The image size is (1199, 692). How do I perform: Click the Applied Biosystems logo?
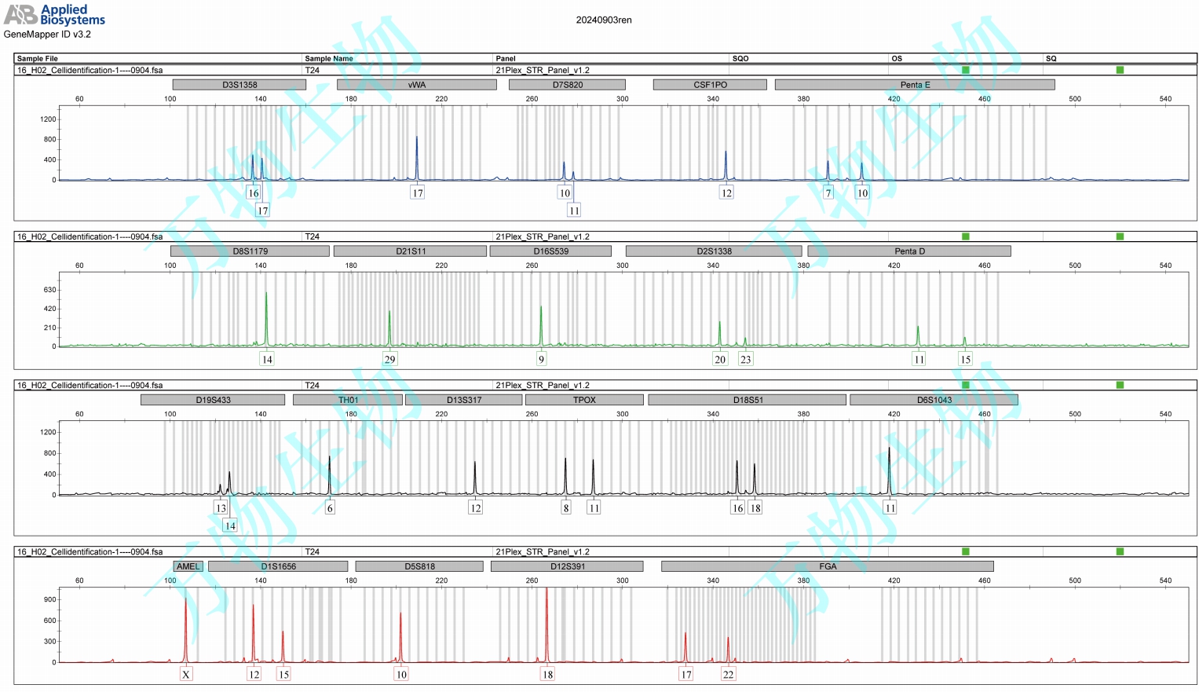pyautogui.click(x=54, y=14)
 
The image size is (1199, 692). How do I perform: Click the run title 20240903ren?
pyautogui.click(x=603, y=20)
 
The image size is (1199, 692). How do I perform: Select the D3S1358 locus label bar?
pyautogui.click(x=239, y=85)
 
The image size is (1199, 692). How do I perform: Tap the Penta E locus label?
pyautogui.click(x=914, y=85)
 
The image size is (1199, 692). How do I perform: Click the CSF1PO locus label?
pyautogui.click(x=710, y=85)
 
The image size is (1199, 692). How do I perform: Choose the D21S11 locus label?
pyautogui.click(x=410, y=251)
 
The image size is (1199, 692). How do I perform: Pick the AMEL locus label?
pyautogui.click(x=188, y=566)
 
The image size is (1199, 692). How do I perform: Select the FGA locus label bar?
pyautogui.click(x=827, y=566)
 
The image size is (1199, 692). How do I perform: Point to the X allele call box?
pyautogui.click(x=186, y=674)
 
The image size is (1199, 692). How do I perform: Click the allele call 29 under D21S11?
pyautogui.click(x=389, y=359)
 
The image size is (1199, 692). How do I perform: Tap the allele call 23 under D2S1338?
pyautogui.click(x=745, y=359)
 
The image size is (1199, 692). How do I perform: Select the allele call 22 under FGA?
pyautogui.click(x=728, y=674)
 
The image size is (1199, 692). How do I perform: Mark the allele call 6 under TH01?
pyautogui.click(x=330, y=507)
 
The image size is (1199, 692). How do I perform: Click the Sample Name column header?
pyautogui.click(x=329, y=58)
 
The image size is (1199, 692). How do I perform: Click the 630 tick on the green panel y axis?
pyautogui.click(x=49, y=290)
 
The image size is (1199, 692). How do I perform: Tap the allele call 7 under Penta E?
pyautogui.click(x=828, y=192)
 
